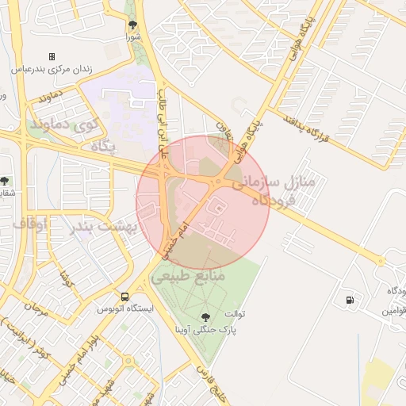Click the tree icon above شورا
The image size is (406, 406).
[132, 25]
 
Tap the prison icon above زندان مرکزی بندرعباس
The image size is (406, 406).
[52, 57]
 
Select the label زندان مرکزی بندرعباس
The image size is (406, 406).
[52, 69]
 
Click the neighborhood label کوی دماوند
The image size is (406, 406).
[63, 124]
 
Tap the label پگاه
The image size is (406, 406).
[103, 147]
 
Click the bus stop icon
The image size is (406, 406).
[123, 297]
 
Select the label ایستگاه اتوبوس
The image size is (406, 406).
[123, 308]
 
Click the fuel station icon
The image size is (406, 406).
[349, 300]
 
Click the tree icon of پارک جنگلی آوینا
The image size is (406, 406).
[208, 316]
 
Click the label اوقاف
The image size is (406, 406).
[30, 225]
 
